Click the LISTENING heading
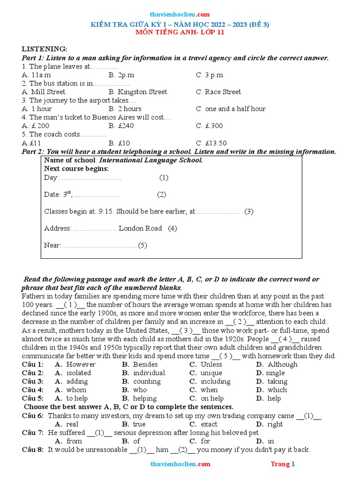point(45,49)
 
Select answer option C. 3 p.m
point(210,75)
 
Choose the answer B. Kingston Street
point(137,92)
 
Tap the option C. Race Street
point(218,92)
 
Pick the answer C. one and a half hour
point(231,109)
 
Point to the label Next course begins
point(76,168)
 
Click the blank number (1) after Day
point(164,178)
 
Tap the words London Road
point(140,228)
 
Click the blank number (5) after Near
point(142,245)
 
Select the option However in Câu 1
point(81,364)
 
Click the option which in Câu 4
point(277,390)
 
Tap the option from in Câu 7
point(74,441)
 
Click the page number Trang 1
point(283,464)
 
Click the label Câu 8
point(32,450)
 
